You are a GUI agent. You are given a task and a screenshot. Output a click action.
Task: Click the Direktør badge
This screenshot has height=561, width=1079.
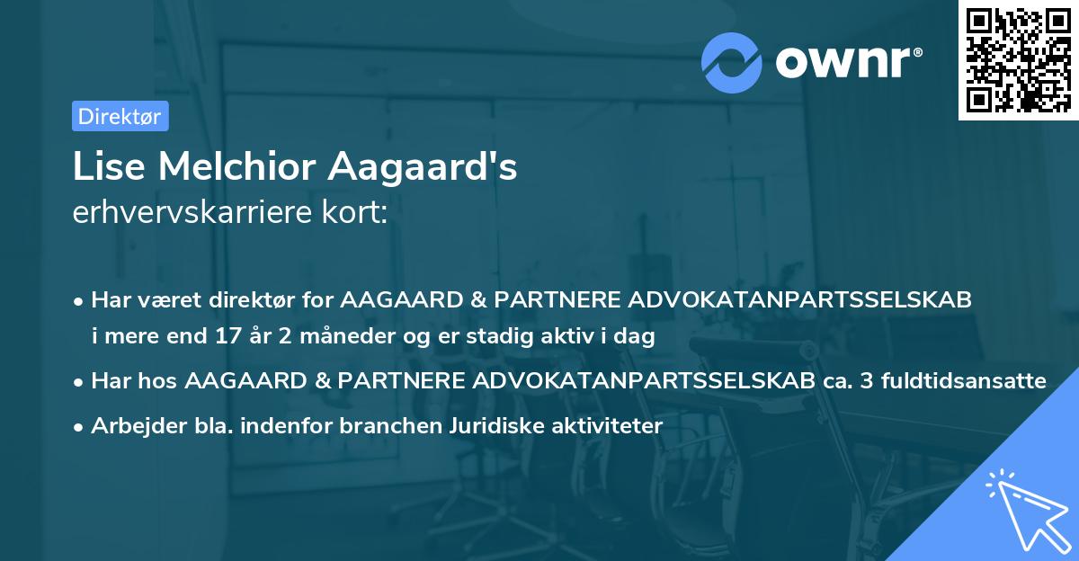pyautogui.click(x=120, y=116)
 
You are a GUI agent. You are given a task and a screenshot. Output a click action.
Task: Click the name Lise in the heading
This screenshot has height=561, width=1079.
pyautogui.click(x=102, y=167)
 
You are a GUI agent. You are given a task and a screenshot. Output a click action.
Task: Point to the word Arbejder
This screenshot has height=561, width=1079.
pyautogui.click(x=131, y=426)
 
